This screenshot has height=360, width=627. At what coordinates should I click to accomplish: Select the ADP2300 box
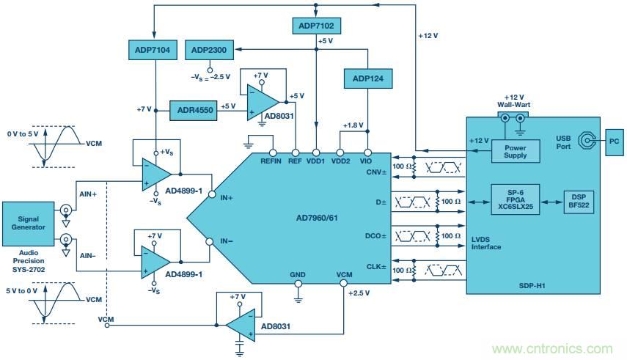click(x=209, y=50)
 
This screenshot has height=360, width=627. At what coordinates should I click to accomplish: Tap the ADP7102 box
click(x=315, y=26)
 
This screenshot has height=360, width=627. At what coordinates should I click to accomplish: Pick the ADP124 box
click(x=367, y=77)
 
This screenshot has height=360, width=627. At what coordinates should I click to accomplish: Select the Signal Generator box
click(x=28, y=223)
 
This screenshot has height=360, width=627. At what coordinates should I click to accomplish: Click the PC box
click(x=613, y=140)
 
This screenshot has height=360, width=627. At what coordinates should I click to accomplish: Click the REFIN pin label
click(x=271, y=161)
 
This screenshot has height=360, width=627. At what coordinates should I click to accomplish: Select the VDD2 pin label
click(x=341, y=161)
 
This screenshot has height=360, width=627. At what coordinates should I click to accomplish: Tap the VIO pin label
click(x=366, y=161)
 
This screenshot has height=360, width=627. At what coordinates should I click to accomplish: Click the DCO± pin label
click(x=375, y=236)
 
